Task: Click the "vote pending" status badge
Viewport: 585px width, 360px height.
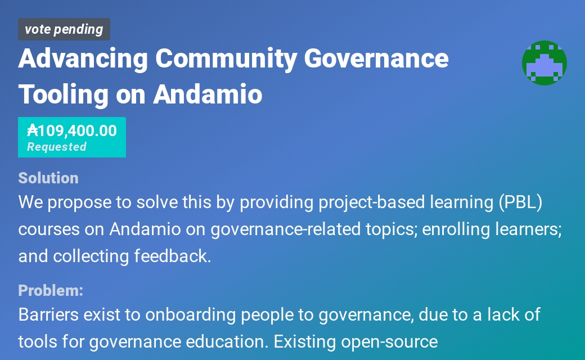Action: click(x=64, y=29)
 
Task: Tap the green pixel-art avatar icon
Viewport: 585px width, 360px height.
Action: click(x=544, y=63)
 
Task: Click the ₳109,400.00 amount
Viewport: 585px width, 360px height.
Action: click(x=72, y=130)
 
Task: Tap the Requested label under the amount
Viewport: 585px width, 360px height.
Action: click(x=56, y=147)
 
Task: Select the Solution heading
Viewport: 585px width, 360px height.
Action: click(x=48, y=178)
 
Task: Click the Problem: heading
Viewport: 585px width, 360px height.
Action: click(x=51, y=290)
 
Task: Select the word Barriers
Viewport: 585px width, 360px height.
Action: click(x=48, y=314)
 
